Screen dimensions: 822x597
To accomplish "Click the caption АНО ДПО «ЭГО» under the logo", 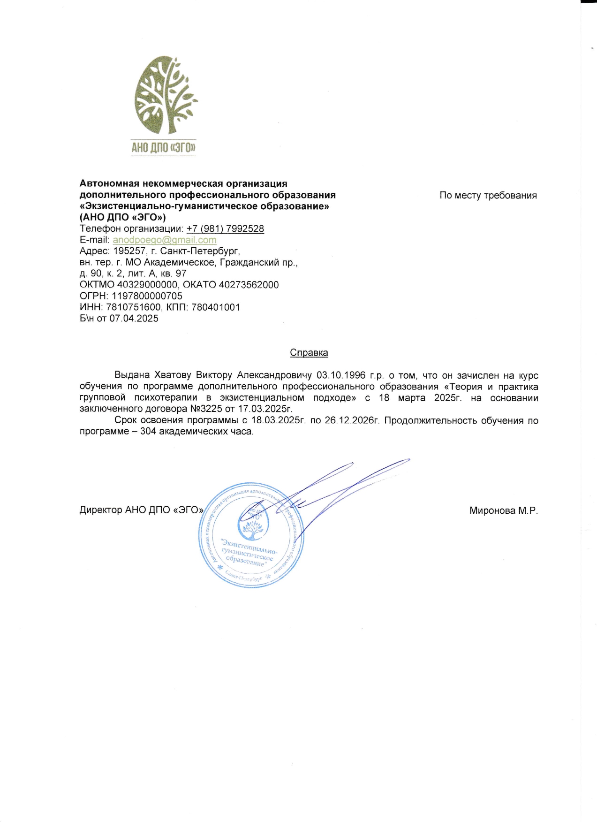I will (163, 148).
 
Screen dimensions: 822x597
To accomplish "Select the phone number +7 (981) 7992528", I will (225, 228).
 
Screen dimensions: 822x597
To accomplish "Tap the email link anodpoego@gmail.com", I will (165, 240).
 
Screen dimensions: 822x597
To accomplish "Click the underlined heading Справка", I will (309, 352).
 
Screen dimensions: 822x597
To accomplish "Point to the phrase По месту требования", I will (488, 195).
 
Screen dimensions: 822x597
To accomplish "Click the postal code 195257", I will (129, 251).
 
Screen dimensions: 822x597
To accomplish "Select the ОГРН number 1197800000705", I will (147, 296).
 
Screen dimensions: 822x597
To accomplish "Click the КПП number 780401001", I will (215, 307).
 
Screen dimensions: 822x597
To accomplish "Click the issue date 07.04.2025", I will (134, 319).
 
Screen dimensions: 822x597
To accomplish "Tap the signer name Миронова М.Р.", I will (503, 510).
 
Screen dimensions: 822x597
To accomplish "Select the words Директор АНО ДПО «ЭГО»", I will (141, 510).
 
